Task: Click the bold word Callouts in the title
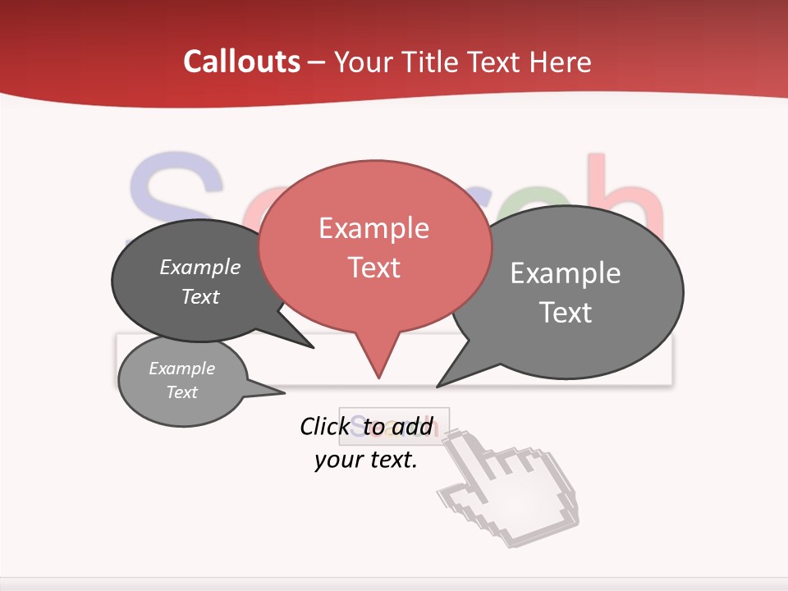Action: coord(241,62)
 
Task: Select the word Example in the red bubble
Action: coord(373,228)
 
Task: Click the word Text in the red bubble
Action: coord(373,268)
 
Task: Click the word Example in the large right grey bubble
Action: coord(565,273)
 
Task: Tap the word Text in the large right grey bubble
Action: coord(565,313)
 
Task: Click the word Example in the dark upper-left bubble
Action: coord(200,268)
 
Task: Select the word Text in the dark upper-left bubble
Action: coord(200,296)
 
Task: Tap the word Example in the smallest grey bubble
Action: coord(181,369)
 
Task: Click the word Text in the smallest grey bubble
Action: coord(181,392)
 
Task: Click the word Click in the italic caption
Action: coord(324,426)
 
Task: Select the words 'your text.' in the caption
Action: coord(366,460)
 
